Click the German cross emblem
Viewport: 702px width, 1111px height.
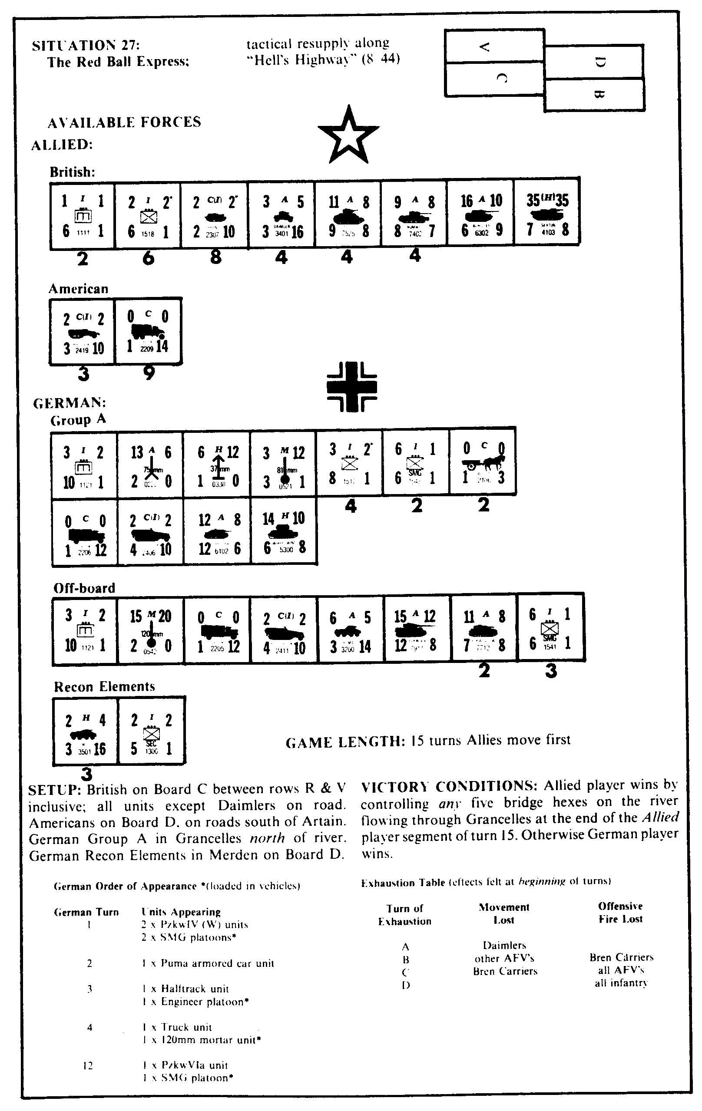(352, 386)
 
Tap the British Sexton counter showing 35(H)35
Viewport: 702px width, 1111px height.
(547, 213)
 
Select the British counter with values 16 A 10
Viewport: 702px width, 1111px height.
(481, 213)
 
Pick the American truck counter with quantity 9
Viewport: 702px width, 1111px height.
(148, 331)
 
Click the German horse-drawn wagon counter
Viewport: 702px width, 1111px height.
(483, 462)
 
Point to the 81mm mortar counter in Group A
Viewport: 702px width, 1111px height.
(283, 465)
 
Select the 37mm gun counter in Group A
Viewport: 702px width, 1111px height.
(217, 465)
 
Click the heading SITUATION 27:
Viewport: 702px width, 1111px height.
(86, 46)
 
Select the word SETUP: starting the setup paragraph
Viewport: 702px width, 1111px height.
(55, 790)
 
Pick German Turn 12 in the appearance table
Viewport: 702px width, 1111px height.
(88, 1065)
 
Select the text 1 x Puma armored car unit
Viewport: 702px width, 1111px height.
(208, 963)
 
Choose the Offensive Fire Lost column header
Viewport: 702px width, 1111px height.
(620, 912)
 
